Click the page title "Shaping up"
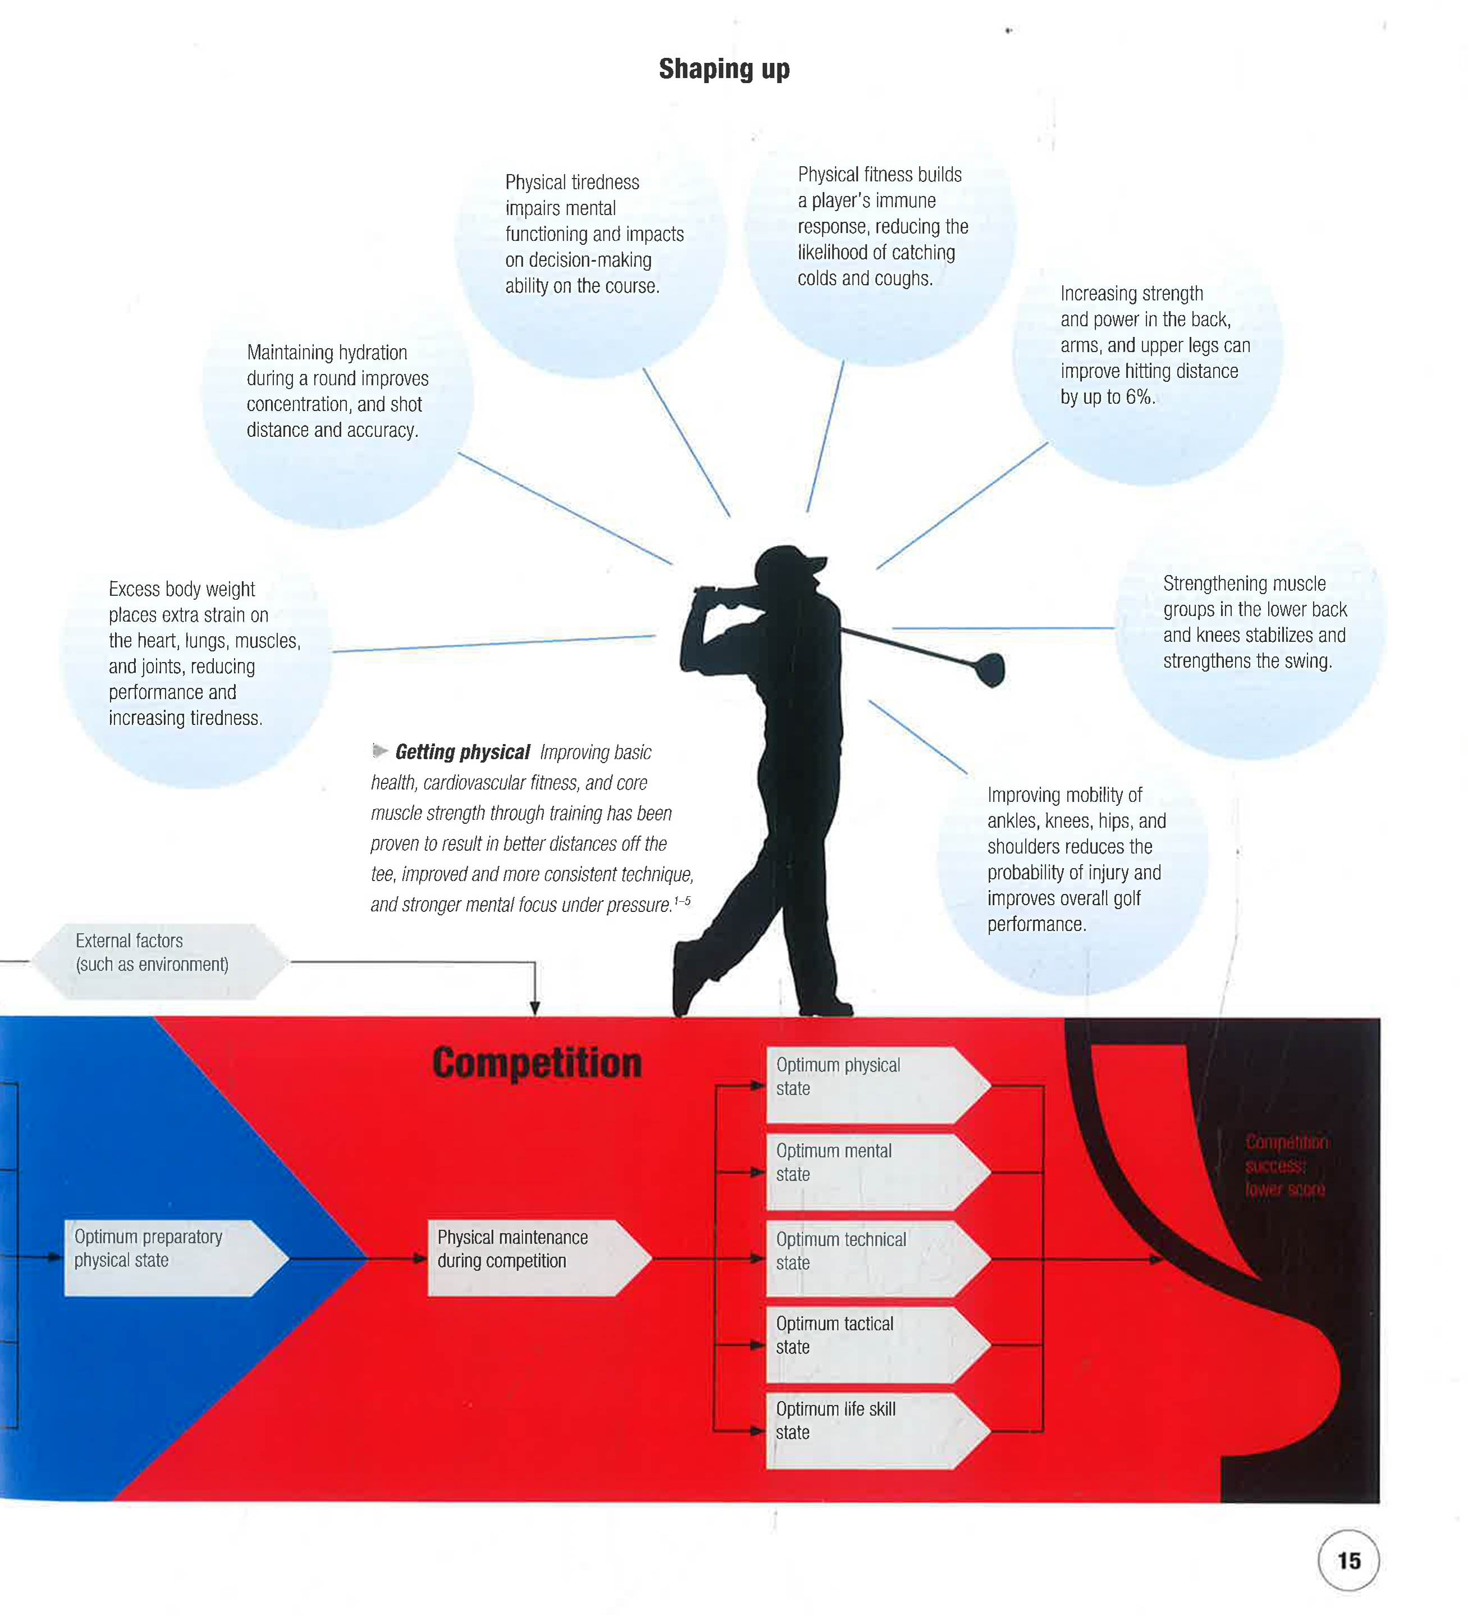click(724, 69)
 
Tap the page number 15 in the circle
click(1348, 1561)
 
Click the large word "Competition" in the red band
click(537, 1063)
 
